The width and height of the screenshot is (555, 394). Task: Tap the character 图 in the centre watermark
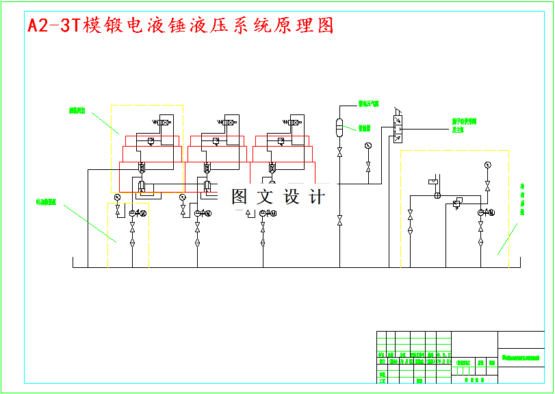coord(239,197)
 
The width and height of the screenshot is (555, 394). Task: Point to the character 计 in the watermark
coord(317,197)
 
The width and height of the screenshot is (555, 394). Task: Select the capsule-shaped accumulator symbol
coord(339,126)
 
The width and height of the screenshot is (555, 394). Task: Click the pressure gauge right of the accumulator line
coord(368,146)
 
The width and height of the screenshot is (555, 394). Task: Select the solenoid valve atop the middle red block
coord(228,123)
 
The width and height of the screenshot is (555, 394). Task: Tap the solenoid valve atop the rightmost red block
coord(293,123)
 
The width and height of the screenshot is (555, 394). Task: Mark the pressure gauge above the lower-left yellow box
coord(117,197)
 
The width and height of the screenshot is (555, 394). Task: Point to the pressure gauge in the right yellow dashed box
coord(487,164)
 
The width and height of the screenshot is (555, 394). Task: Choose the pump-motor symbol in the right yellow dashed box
coord(483,212)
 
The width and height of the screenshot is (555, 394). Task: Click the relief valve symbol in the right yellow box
coord(457,203)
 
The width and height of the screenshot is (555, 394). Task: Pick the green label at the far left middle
coord(47,202)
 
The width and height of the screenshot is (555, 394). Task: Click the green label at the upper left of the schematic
coord(77,110)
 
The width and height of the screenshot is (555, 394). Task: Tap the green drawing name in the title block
coord(521,358)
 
